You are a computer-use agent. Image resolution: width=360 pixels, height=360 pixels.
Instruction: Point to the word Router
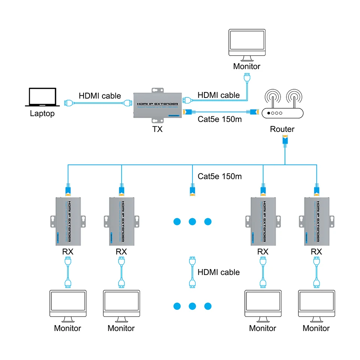282,129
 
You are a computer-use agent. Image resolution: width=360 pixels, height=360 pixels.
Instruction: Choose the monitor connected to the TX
246,45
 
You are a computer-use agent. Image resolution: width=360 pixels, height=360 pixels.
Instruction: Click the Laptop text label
42,113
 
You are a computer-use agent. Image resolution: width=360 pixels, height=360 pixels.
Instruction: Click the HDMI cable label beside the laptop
100,96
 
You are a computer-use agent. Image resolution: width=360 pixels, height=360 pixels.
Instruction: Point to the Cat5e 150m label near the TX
219,120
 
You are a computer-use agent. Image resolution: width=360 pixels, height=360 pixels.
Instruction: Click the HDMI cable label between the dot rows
219,272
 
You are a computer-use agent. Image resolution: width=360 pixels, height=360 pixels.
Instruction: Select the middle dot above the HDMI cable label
192,222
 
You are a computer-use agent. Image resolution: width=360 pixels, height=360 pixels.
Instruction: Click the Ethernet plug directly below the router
284,141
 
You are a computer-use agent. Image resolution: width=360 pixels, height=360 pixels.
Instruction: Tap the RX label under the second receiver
121,252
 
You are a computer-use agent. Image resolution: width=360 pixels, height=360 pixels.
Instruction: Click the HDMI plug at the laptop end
67,102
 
